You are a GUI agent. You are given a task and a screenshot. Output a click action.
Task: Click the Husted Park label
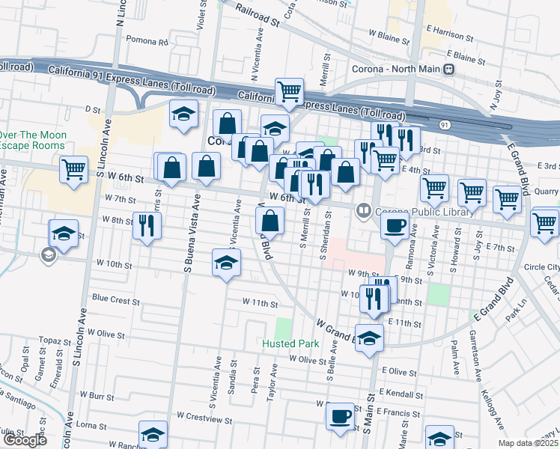click(x=290, y=344)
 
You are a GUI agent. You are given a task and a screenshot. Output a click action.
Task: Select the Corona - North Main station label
click(x=397, y=70)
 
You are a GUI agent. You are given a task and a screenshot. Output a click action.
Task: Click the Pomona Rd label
click(x=147, y=40)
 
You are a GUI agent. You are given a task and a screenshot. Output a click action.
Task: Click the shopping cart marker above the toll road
click(x=289, y=92)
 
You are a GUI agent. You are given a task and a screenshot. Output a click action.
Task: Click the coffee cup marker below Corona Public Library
click(x=395, y=225)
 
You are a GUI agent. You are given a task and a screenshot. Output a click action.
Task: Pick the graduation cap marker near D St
click(x=183, y=114)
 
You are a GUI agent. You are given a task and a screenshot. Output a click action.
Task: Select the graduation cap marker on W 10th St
click(x=226, y=263)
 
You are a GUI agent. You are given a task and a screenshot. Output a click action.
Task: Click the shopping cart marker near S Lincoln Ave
click(x=74, y=170)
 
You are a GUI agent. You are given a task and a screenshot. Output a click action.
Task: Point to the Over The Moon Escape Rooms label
click(x=33, y=140)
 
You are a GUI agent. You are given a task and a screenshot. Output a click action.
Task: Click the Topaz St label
click(x=54, y=340)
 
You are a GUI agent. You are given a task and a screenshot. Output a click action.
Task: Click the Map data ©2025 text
click(x=529, y=443)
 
